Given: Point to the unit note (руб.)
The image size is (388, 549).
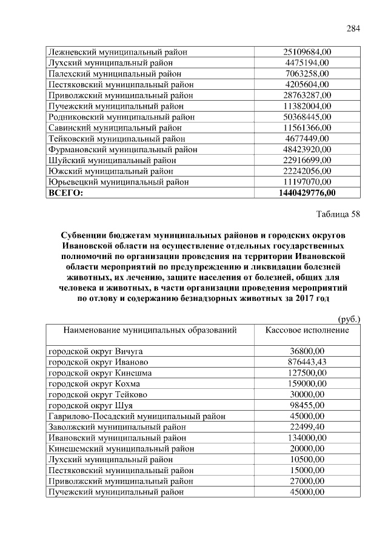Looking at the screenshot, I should (x=348, y=318).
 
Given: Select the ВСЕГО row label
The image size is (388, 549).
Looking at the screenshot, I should (x=65, y=193).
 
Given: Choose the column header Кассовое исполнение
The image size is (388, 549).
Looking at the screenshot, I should (x=307, y=330).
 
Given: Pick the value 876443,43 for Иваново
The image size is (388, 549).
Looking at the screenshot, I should (x=307, y=362).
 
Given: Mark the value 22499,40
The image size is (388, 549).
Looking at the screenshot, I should (x=307, y=427).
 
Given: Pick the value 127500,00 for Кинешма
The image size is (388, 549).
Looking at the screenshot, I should (x=307, y=372).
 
